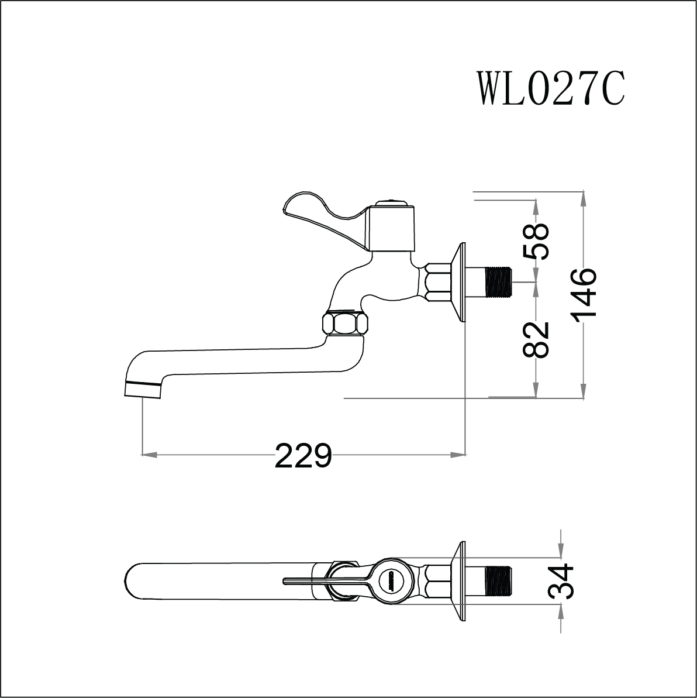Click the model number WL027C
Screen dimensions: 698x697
click(x=551, y=89)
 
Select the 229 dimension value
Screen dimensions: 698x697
click(x=303, y=455)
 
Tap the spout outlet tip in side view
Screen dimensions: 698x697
click(x=143, y=390)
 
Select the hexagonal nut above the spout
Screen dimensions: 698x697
click(x=346, y=322)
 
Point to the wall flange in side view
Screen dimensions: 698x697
click(x=460, y=282)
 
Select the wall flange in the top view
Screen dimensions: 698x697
click(x=460, y=580)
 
